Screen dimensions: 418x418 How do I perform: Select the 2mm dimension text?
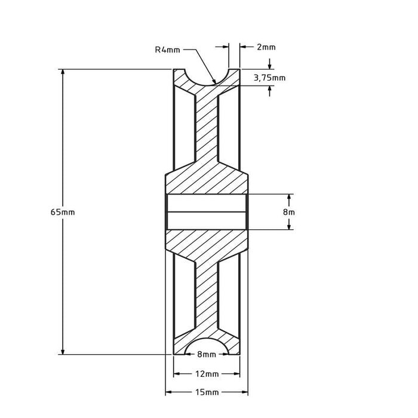(x=266, y=47)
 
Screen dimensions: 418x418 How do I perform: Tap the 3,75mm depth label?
(x=270, y=77)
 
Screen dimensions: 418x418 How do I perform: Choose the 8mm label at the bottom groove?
(x=206, y=355)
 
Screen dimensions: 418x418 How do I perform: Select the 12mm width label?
(x=206, y=374)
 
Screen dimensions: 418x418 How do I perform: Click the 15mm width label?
(x=206, y=392)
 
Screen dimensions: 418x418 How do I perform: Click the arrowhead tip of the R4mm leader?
(x=214, y=82)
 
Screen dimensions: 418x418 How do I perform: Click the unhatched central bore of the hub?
(x=206, y=212)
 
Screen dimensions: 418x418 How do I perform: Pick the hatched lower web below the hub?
(x=206, y=293)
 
